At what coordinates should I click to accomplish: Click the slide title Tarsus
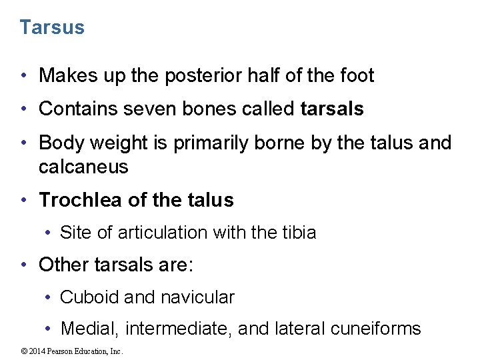52,27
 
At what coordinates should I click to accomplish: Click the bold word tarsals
332,109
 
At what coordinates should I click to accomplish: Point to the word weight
127,143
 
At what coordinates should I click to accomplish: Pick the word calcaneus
83,167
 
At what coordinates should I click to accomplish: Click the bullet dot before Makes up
24,77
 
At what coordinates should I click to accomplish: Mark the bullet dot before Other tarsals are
24,265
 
